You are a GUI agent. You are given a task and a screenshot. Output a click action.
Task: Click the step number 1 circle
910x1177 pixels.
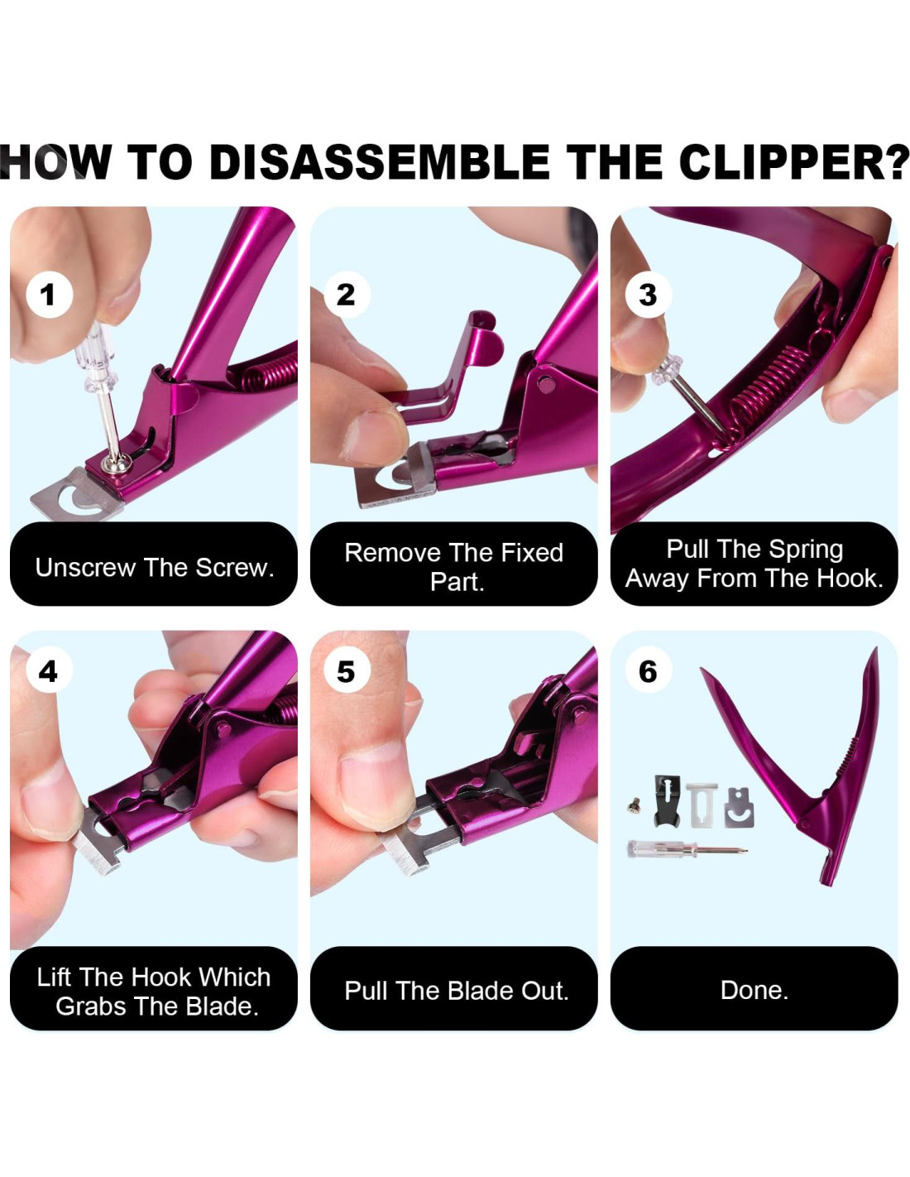(x=50, y=295)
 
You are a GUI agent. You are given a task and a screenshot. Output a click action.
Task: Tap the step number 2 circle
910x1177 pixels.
(x=347, y=295)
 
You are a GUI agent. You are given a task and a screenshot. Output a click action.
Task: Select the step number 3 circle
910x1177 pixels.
(x=648, y=295)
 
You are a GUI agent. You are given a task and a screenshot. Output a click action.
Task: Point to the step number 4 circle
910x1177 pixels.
(x=49, y=671)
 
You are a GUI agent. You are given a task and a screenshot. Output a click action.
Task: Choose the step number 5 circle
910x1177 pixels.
(x=347, y=671)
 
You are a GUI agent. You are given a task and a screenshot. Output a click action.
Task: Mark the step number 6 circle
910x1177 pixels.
(x=648, y=671)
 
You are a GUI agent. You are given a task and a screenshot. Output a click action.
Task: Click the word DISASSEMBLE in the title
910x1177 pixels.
(x=379, y=162)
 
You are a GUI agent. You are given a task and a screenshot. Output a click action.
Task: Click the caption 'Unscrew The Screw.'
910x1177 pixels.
(x=154, y=568)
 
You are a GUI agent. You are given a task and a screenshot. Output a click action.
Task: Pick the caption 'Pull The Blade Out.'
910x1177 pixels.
(x=457, y=991)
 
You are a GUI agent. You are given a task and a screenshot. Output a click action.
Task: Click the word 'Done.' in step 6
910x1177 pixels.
(x=754, y=990)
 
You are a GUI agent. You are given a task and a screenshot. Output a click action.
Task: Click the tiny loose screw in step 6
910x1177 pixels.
(x=632, y=806)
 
